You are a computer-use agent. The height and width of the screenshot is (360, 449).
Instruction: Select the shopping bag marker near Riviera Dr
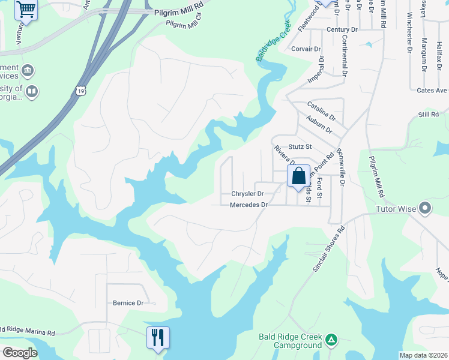298,176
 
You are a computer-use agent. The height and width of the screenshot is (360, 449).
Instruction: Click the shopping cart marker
26,8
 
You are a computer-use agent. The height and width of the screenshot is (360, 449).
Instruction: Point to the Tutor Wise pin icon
425,209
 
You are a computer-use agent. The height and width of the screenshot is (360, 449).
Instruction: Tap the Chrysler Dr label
247,194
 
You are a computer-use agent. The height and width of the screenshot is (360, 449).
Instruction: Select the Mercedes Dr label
248,205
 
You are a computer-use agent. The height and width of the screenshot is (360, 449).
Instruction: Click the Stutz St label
300,146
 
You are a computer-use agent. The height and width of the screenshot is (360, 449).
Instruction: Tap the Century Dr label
342,30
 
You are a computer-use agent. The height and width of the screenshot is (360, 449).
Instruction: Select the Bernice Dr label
128,303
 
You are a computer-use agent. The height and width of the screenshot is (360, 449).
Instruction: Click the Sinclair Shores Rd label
329,249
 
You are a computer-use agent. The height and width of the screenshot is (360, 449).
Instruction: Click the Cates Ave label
432,91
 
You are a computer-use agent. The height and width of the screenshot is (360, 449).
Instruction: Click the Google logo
20,353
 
